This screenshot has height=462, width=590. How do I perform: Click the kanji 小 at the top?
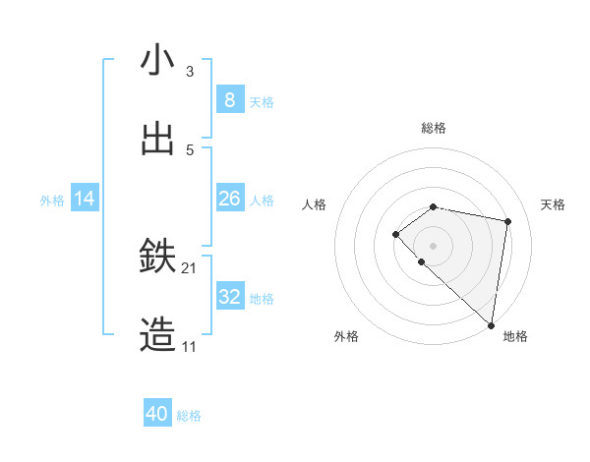pyautogui.click(x=157, y=61)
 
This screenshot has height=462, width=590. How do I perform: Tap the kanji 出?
pyautogui.click(x=157, y=140)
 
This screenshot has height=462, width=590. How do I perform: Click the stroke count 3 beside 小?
pyautogui.click(x=189, y=71)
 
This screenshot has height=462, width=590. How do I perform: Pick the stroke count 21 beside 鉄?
pyautogui.click(x=189, y=267)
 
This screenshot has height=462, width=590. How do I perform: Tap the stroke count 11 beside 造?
pyautogui.click(x=189, y=347)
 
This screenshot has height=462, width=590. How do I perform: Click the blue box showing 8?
pyautogui.click(x=229, y=100)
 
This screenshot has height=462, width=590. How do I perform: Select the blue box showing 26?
pyautogui.click(x=229, y=199)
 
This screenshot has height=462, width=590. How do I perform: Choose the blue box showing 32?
pyautogui.click(x=229, y=297)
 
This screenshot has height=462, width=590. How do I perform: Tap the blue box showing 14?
pyautogui.click(x=85, y=199)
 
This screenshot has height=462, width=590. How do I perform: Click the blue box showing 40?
pyautogui.click(x=157, y=414)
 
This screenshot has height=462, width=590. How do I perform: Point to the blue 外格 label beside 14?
pyautogui.click(x=52, y=200)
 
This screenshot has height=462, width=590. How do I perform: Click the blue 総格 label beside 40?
pyautogui.click(x=189, y=416)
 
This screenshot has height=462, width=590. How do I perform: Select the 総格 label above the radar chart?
pyautogui.click(x=434, y=128)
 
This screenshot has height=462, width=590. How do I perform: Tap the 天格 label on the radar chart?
pyautogui.click(x=554, y=204)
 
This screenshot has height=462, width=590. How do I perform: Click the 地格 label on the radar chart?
pyautogui.click(x=515, y=336)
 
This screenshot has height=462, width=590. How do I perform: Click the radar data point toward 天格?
pyautogui.click(x=508, y=222)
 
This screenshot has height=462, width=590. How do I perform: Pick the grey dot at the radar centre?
pyautogui.click(x=434, y=245)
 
